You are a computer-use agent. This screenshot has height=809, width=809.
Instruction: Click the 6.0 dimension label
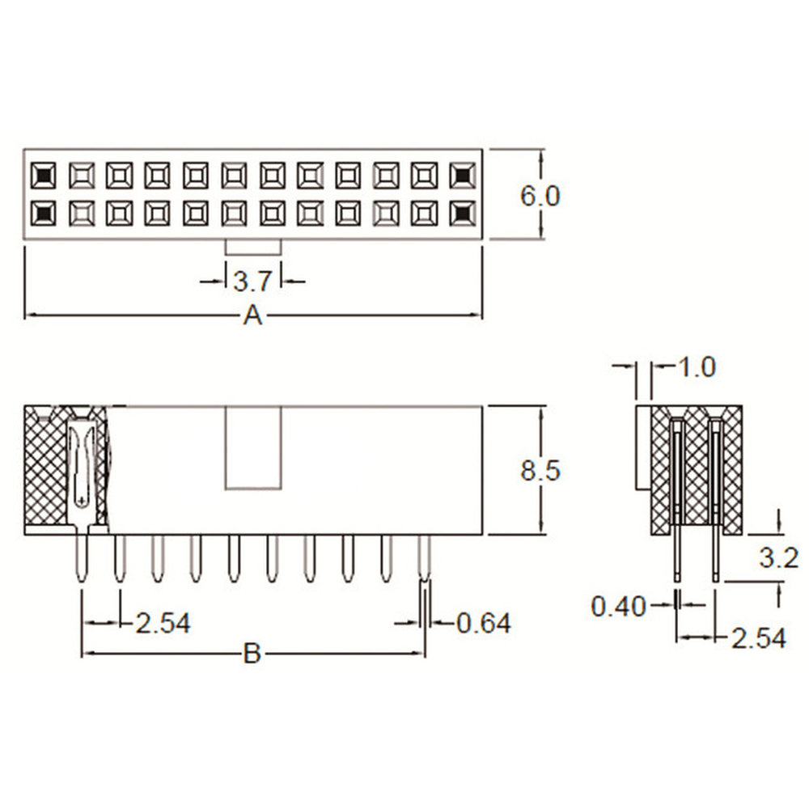point(540,196)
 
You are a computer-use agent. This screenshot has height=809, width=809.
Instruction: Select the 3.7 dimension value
point(252,282)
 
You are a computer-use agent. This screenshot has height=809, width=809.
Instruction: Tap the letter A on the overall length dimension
point(253,316)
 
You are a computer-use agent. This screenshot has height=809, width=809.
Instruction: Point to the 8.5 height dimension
point(540,471)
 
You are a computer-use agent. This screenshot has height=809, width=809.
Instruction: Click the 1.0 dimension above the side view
point(696,367)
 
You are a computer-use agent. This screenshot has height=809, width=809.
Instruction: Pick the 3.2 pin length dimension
point(779,557)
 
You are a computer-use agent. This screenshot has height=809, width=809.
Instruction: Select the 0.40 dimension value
point(619,606)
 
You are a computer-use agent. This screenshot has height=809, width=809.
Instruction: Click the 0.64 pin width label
point(484,623)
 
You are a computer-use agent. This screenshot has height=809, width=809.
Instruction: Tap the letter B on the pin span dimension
point(252,654)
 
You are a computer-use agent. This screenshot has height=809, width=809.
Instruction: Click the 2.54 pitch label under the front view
point(163,623)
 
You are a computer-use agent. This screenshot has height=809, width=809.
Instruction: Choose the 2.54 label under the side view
point(758,638)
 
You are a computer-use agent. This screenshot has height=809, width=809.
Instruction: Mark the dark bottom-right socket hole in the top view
point(463,212)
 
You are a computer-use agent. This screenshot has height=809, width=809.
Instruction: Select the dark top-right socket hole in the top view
point(463,174)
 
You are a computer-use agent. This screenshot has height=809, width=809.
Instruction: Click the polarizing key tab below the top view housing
point(253,247)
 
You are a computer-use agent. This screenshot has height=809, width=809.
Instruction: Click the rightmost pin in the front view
point(425,558)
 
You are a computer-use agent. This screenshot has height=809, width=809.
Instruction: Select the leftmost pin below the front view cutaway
point(82,558)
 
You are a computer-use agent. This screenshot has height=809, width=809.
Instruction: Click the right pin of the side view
point(715,558)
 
